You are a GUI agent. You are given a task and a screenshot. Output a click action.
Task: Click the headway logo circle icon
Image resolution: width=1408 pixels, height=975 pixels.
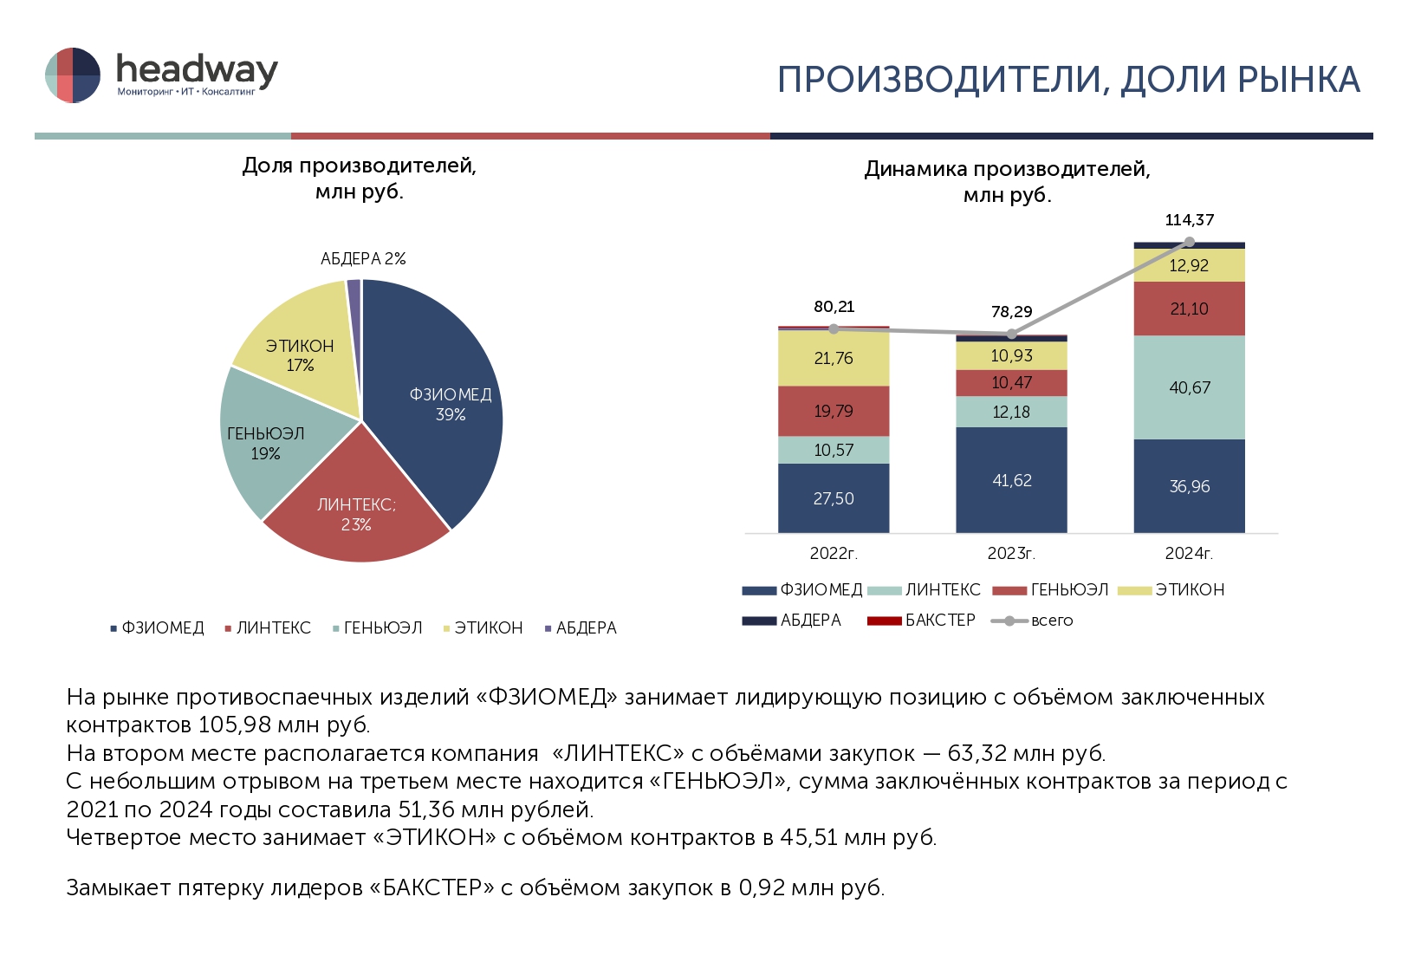[x=73, y=75]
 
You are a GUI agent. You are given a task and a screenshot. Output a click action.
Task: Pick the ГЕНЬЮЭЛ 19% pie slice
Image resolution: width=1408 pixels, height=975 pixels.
[x=265, y=443]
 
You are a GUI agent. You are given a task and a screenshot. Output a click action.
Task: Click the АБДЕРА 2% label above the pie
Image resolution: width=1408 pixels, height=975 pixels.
[x=363, y=259]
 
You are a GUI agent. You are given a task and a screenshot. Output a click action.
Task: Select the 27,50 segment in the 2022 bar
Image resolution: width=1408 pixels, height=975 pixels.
[x=834, y=498]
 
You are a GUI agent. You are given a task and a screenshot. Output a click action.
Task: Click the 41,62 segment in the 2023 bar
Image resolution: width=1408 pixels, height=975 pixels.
[x=1011, y=480]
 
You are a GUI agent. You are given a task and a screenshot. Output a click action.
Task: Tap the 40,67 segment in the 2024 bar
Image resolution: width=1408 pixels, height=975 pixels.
[x=1189, y=387]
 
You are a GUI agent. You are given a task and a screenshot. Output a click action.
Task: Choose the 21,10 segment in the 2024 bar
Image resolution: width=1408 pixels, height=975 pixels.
[x=1189, y=309]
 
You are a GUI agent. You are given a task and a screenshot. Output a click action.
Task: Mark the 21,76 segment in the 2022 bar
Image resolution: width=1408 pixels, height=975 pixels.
[x=834, y=358]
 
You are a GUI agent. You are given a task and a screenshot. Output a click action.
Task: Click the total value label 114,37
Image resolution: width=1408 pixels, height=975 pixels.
[x=1189, y=220]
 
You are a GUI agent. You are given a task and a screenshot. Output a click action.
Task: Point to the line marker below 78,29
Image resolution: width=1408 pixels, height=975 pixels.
[x=1011, y=334]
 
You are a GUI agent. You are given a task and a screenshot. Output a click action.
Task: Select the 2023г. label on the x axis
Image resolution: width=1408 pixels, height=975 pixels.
[x=1011, y=553]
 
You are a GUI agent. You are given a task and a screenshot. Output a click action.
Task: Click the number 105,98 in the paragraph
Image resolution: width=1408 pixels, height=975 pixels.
[x=235, y=725]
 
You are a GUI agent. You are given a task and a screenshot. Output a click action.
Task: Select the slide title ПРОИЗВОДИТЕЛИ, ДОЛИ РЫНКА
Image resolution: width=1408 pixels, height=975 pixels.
[x=1068, y=80]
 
